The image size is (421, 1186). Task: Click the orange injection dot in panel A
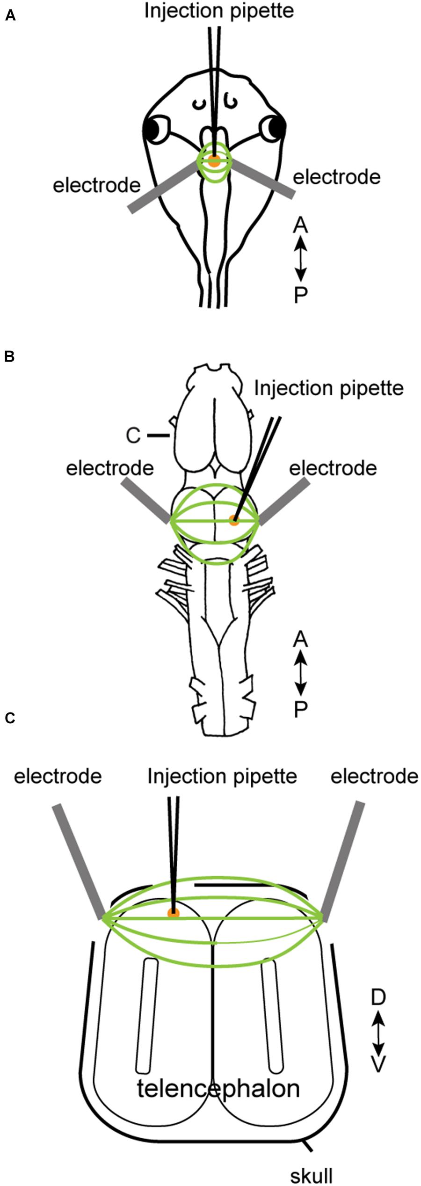(214, 162)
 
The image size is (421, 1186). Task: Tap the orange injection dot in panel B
(234, 520)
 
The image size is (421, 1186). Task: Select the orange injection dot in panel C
(174, 912)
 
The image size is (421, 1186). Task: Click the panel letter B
(9, 357)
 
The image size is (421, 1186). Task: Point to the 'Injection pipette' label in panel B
(328, 388)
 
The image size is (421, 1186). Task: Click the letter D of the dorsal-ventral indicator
(378, 997)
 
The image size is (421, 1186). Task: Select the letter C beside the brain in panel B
(133, 436)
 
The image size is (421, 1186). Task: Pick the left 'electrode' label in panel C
(58, 777)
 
